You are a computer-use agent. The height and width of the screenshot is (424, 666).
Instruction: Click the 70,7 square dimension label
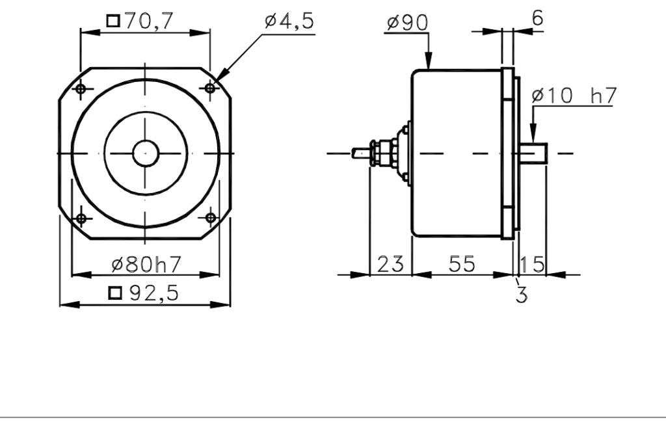pos(140,21)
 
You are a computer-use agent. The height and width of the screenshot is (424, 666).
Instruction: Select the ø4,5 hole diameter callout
pos(289,20)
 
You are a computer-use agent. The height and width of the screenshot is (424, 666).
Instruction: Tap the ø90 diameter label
pos(407,23)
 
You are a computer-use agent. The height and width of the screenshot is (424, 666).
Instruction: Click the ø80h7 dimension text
pos(146,264)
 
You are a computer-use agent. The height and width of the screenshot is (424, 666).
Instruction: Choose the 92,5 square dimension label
pos(144,293)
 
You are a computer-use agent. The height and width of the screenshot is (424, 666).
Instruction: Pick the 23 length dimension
pos(390,264)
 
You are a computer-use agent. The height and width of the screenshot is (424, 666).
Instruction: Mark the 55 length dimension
pos(462,264)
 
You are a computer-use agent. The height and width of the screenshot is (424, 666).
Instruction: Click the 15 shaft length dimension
pos(532,264)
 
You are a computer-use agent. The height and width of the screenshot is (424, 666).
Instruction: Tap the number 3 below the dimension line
pos(522,295)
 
